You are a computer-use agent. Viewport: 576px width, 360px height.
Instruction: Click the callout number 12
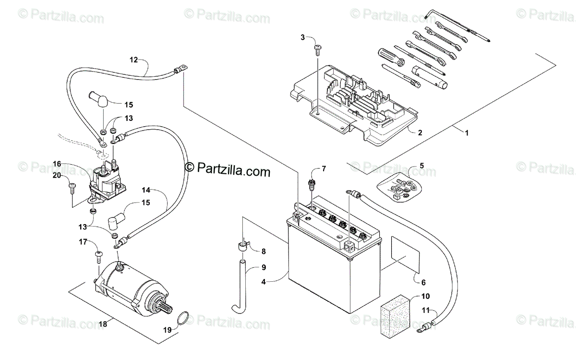[133, 60]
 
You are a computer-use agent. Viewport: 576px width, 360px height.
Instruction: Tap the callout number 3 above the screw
[303, 37]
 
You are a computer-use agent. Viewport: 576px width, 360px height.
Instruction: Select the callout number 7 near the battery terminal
[324, 168]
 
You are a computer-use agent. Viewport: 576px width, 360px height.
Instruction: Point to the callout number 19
[167, 330]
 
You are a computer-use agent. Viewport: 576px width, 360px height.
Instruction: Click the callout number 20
[57, 176]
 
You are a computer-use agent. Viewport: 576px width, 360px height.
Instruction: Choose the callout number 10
[426, 296]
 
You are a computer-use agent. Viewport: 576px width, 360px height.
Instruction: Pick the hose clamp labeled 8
[244, 247]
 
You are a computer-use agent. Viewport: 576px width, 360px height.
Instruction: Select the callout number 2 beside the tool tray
[420, 133]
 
